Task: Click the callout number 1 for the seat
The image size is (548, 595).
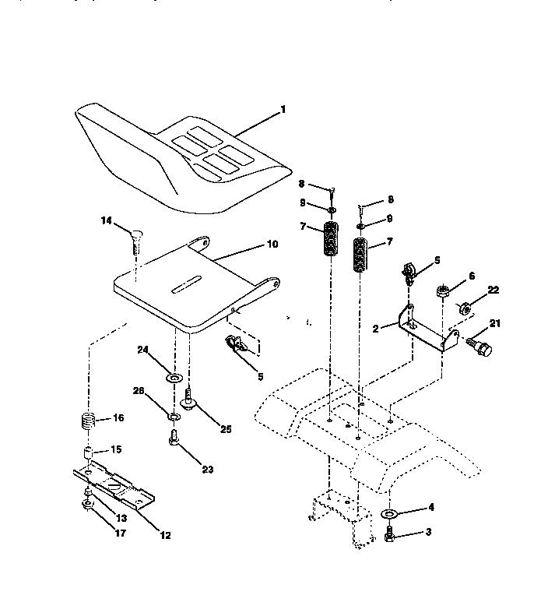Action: [x=283, y=110]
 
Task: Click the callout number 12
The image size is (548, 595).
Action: [x=165, y=535]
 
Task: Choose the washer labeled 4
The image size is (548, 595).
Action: [x=389, y=515]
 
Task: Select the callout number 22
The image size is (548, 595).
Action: [x=494, y=290]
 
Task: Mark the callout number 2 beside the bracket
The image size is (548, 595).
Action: [x=375, y=329]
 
